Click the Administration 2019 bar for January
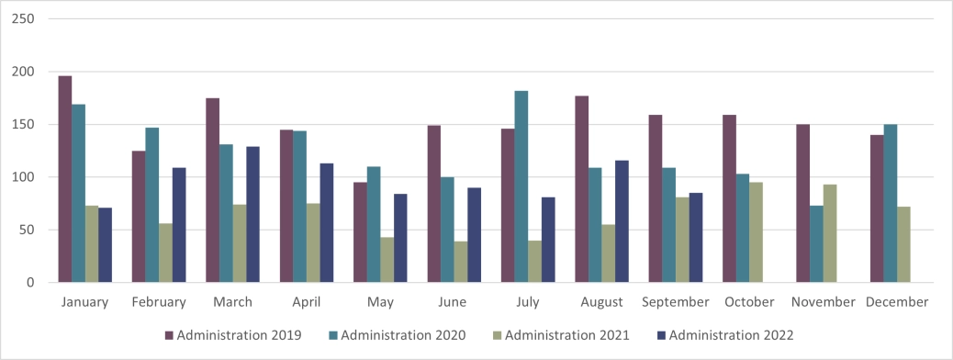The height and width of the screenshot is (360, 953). point(65,179)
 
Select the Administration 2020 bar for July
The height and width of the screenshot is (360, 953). point(521,186)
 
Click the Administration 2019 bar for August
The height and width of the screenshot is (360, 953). point(581,189)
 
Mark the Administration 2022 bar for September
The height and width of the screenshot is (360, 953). point(696,237)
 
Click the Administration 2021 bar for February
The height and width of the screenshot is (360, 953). point(165,253)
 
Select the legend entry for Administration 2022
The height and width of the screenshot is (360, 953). point(725,336)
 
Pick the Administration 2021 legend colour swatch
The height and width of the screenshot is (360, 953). point(496,336)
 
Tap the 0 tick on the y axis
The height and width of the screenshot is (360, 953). point(29,283)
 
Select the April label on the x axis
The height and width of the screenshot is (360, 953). point(306,302)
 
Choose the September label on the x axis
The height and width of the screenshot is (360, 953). point(675,302)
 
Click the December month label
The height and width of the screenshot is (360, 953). point(896,302)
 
